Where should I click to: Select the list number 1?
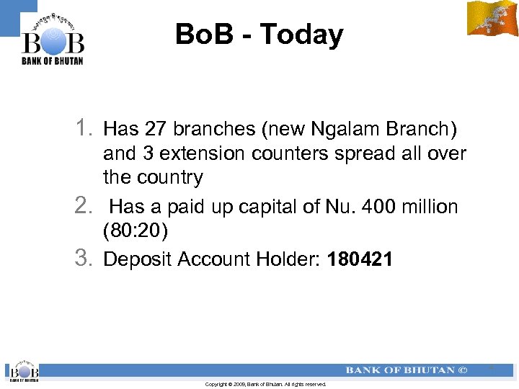pos(84,128)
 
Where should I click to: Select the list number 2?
pos(84,206)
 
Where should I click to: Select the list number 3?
pos(84,258)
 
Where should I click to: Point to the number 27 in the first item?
pos(155,129)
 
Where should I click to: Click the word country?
pos(169,177)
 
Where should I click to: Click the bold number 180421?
pos(360,259)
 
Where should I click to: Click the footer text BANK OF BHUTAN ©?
pos(407,370)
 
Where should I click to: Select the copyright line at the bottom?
pos(265,385)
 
